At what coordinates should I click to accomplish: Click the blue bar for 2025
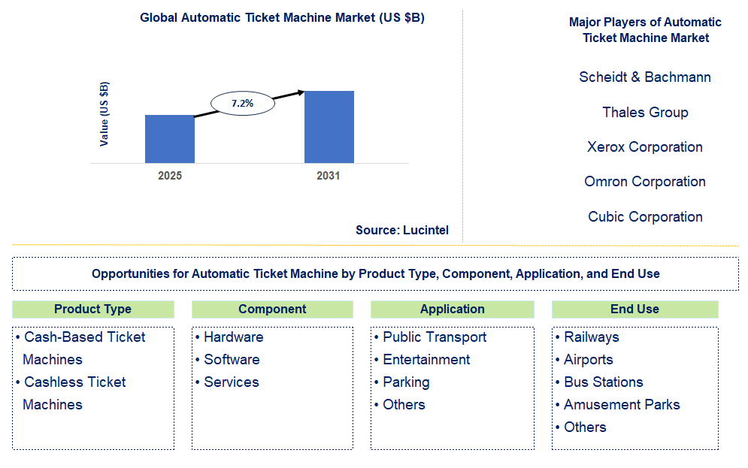click(x=169, y=139)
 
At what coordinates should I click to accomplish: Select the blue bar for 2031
click(x=329, y=127)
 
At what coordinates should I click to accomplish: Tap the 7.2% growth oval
click(x=242, y=104)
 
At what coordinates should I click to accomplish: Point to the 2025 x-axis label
click(x=170, y=177)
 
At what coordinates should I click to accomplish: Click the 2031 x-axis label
click(x=329, y=177)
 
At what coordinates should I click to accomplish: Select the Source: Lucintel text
click(x=402, y=231)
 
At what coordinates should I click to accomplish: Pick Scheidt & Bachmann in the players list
click(x=645, y=77)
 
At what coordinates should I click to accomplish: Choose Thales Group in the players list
click(x=645, y=113)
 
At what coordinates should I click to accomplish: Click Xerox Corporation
click(x=645, y=147)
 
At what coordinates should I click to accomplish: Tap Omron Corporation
click(x=645, y=182)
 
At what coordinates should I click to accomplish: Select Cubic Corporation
click(x=645, y=217)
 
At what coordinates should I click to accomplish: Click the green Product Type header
click(x=93, y=309)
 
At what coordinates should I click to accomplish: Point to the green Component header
click(x=272, y=309)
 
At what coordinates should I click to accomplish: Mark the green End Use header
click(x=634, y=309)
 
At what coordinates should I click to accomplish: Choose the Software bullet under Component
click(x=232, y=360)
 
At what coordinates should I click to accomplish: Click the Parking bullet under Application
click(x=406, y=382)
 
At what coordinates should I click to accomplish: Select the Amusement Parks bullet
click(x=622, y=405)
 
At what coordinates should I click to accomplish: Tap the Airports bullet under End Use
click(x=589, y=360)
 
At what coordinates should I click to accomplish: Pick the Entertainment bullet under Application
click(x=426, y=360)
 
